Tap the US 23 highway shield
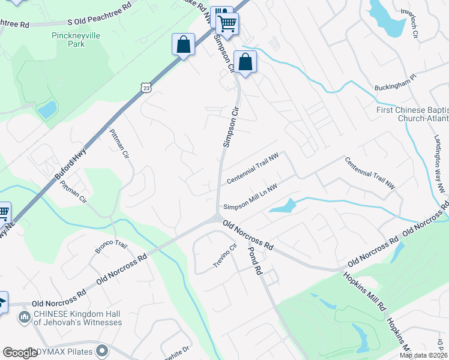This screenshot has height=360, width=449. tap(146, 88)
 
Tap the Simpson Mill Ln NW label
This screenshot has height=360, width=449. tap(250, 197)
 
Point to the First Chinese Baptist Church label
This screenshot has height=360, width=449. tap(412, 114)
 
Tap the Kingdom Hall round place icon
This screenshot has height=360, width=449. tap(25, 316)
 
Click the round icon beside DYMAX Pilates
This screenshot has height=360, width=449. tap(103, 350)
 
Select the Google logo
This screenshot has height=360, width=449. tap(20, 353)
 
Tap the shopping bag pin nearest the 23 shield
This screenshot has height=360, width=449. tap(183, 44)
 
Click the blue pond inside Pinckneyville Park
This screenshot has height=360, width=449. tap(46, 110)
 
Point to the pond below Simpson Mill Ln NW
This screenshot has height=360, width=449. tap(283, 206)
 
